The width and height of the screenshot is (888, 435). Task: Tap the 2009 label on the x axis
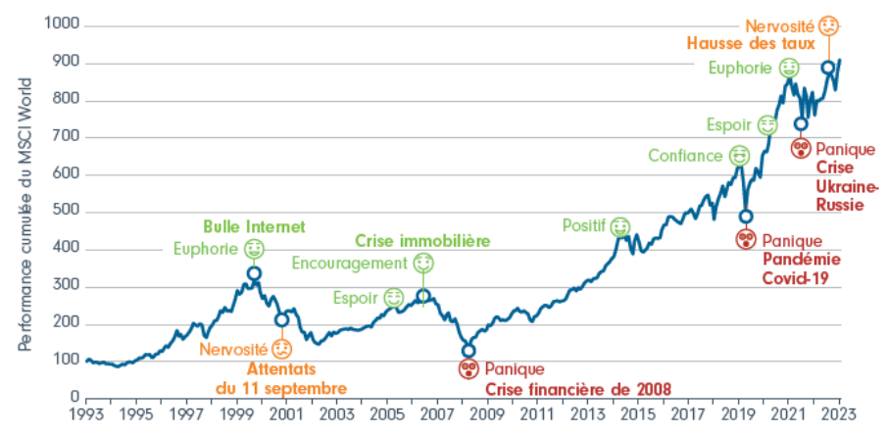[486, 414]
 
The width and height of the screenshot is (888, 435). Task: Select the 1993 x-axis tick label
[86, 414]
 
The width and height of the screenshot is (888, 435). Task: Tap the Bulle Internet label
[254, 226]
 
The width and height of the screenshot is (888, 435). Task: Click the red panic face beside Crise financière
[468, 368]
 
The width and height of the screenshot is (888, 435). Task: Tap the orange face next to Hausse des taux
[828, 25]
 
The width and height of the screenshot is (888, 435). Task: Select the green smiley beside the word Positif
[619, 227]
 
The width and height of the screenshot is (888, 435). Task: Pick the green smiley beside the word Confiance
[739, 155]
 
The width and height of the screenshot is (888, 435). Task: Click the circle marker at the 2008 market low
[469, 350]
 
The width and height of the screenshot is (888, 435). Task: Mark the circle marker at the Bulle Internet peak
[254, 273]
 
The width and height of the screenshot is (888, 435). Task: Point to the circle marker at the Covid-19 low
[746, 217]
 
